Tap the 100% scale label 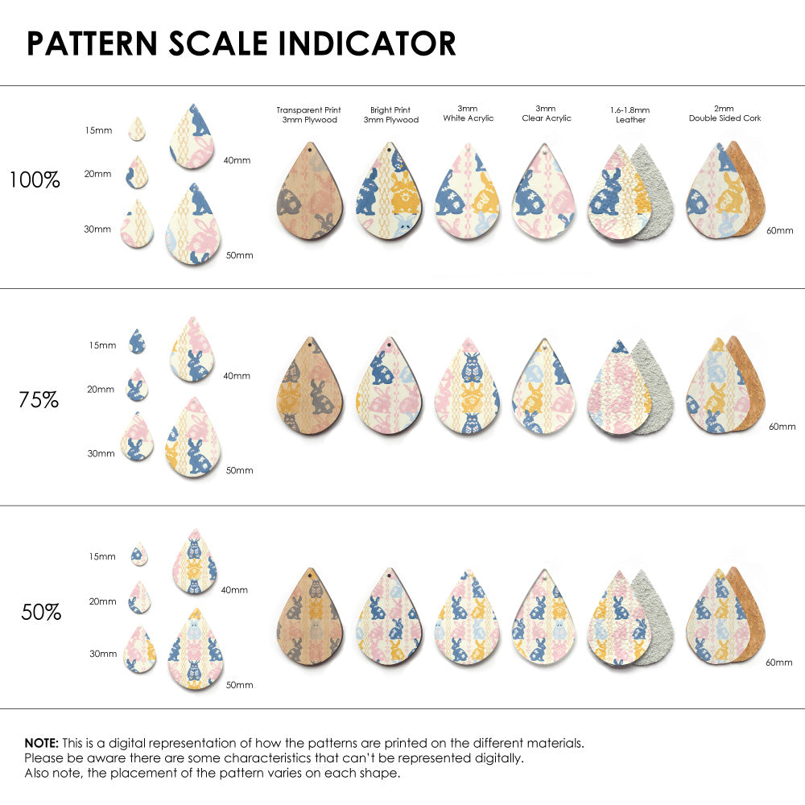click(35, 180)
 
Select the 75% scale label click(39, 399)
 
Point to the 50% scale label click(41, 612)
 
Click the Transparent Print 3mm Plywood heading click(308, 114)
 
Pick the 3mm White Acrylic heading click(468, 114)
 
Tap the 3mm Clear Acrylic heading click(546, 114)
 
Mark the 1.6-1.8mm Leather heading click(630, 114)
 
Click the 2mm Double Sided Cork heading click(724, 114)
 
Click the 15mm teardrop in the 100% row click(137, 129)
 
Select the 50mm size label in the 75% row click(239, 470)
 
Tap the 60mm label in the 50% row click(781, 662)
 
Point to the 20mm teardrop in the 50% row click(139, 598)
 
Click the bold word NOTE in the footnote click(40, 742)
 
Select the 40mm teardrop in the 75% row click(191, 349)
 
